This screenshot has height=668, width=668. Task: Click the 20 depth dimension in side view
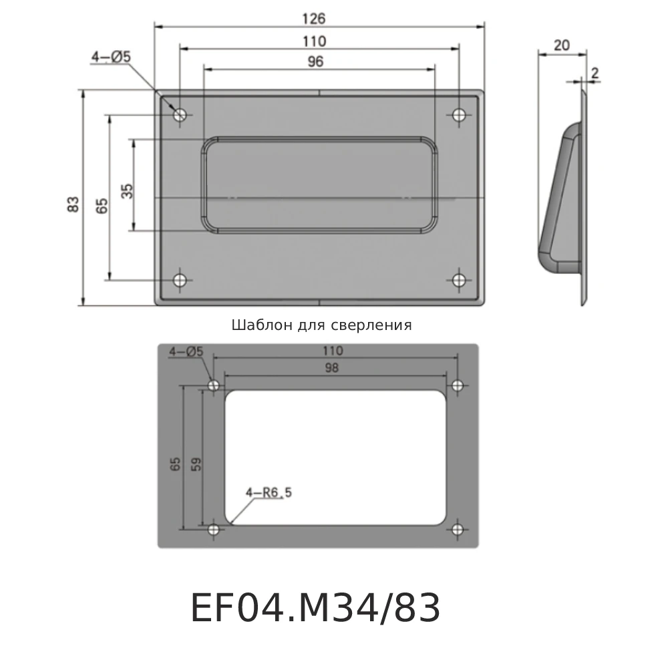[562, 45]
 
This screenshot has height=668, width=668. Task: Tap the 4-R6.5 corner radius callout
[269, 493]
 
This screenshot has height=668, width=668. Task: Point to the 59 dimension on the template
[196, 464]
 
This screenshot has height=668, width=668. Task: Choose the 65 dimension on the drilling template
[175, 464]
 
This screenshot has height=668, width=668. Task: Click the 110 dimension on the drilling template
[332, 351]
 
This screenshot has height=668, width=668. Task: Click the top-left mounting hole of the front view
[180, 115]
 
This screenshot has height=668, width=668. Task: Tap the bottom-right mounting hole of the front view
[458, 280]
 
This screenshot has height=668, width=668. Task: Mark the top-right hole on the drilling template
[458, 385]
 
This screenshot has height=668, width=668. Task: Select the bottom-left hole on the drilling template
[214, 530]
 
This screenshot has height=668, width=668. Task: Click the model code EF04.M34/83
[315, 609]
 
